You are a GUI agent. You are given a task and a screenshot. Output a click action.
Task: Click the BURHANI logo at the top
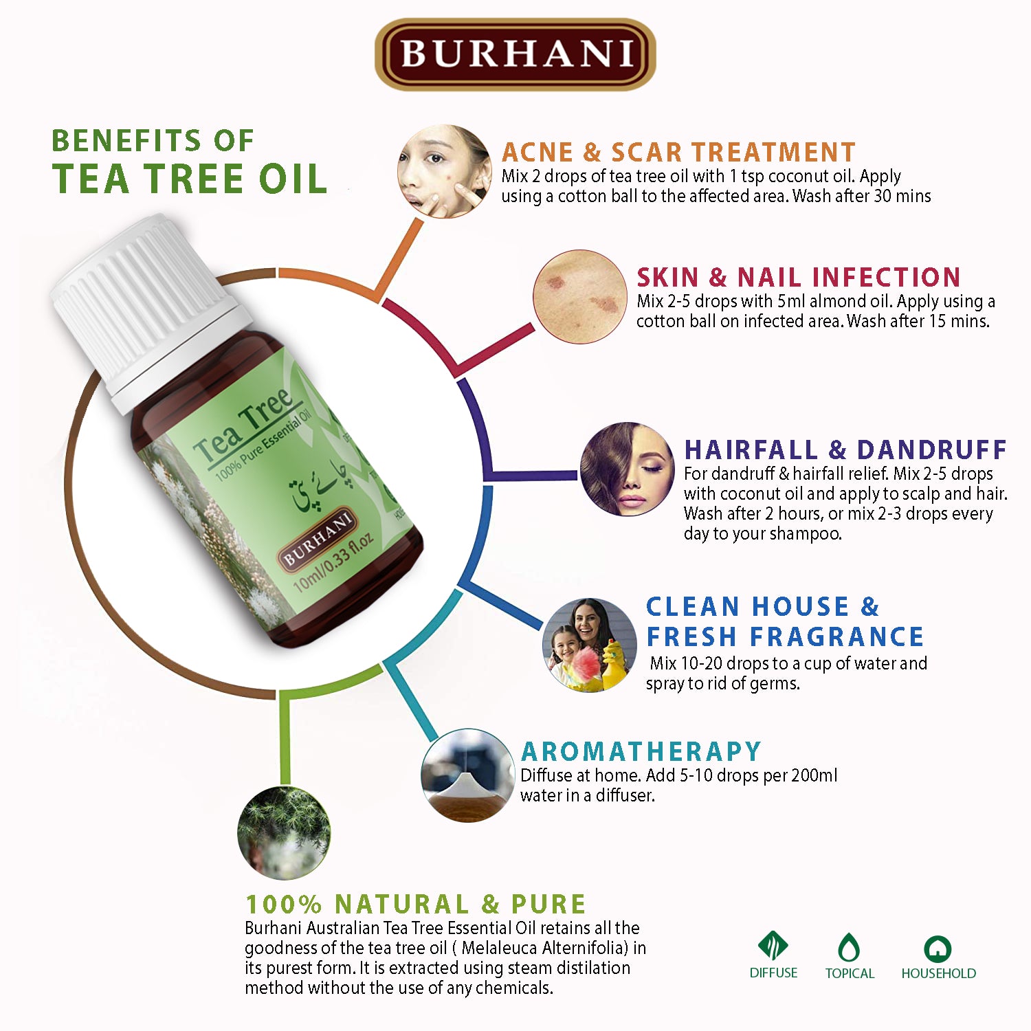tap(515, 54)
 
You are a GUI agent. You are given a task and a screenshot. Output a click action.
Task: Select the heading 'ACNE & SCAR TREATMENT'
tap(678, 152)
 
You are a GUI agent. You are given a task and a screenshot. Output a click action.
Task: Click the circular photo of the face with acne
tap(445, 172)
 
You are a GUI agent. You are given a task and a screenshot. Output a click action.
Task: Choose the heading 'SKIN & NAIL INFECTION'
tap(798, 277)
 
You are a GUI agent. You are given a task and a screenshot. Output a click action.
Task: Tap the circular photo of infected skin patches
tap(579, 297)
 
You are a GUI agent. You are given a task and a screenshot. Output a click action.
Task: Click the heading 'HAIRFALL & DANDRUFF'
tap(845, 450)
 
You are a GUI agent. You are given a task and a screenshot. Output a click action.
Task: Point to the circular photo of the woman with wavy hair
tap(627, 469)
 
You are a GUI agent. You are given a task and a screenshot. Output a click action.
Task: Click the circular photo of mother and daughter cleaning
tap(589, 645)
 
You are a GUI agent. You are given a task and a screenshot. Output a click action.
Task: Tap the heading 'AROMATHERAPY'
tap(641, 751)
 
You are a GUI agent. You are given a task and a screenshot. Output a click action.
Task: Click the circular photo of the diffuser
tap(467, 775)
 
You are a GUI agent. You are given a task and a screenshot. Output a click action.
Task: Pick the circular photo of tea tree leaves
tap(284, 832)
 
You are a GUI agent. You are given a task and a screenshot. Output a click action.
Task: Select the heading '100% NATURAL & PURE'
tap(416, 903)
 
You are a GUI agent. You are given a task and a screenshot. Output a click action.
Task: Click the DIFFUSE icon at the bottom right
tap(773, 946)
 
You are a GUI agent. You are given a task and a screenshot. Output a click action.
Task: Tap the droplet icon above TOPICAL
tap(850, 947)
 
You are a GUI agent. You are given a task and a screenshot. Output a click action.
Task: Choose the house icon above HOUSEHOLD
tap(938, 949)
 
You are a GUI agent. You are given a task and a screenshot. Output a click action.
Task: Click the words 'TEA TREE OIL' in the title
tap(190, 179)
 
